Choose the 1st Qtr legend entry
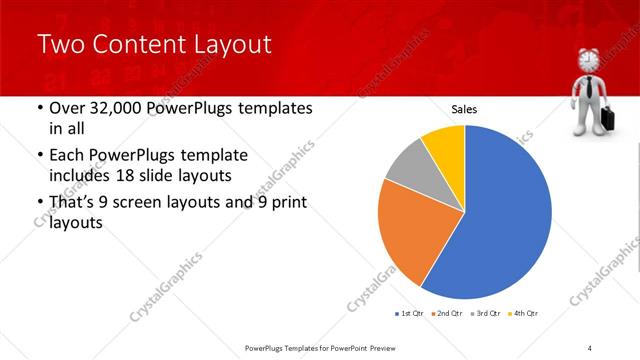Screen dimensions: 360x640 [x=407, y=313]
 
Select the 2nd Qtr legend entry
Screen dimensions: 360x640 [x=448, y=313]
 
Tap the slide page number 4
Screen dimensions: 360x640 [x=590, y=347]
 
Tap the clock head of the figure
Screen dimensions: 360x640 [x=588, y=59]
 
